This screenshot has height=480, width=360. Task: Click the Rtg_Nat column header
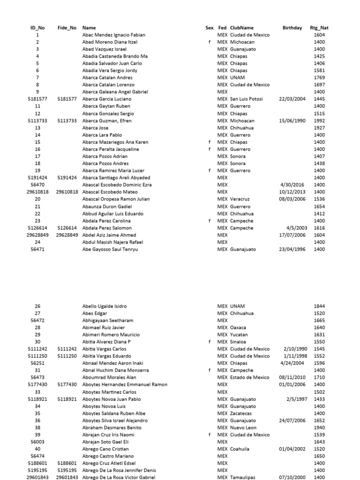(319, 28)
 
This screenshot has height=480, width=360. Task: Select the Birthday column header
(292, 28)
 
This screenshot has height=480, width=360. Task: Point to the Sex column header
(209, 28)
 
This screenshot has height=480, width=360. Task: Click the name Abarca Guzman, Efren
(107, 120)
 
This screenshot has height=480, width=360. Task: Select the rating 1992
(319, 120)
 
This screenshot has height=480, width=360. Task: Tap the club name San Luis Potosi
(246, 99)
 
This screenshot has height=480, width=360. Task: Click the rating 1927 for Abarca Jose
(319, 127)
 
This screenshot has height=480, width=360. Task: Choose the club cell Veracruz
(240, 199)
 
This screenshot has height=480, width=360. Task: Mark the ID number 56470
(37, 185)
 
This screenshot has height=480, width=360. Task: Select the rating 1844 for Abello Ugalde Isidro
(319, 306)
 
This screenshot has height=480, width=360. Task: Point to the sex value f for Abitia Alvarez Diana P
(210, 342)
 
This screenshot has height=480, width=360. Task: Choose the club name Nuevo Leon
(243, 427)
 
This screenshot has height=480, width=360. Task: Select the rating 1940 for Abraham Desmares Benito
(319, 427)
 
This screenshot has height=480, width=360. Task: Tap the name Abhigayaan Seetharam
(107, 320)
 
